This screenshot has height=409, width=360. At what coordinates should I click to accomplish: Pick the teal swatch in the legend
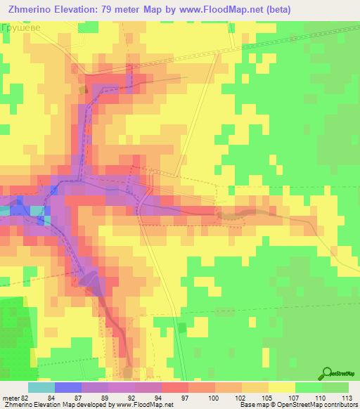click(x=41, y=387)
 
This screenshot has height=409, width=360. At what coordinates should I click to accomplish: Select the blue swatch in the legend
click(x=67, y=387)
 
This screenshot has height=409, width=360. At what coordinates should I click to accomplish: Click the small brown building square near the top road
click(x=84, y=89)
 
